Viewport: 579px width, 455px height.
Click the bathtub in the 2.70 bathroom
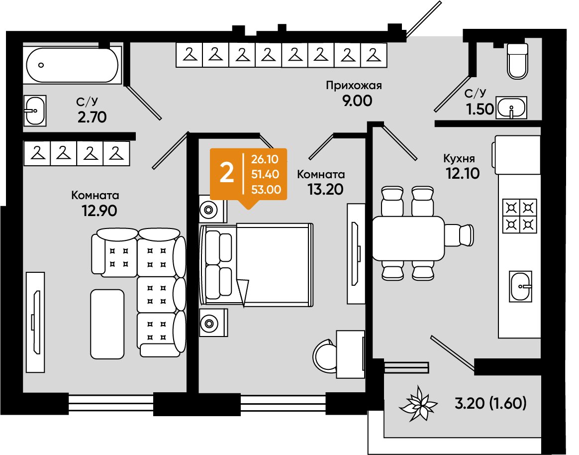click(x=73, y=65)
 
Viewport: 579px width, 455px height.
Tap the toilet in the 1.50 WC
click(x=517, y=61)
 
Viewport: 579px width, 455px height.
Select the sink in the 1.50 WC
click(x=511, y=108)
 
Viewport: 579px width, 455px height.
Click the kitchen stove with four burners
click(x=519, y=216)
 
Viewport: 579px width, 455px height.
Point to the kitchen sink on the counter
click(x=521, y=286)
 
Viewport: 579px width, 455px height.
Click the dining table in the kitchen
click(x=408, y=238)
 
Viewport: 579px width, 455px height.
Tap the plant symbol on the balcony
click(x=418, y=404)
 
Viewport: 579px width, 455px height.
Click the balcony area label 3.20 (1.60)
click(x=490, y=403)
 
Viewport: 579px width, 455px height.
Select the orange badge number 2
click(x=226, y=173)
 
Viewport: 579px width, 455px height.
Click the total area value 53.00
click(x=266, y=190)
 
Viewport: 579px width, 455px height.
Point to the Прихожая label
click(x=354, y=86)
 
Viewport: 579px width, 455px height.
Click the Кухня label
click(x=459, y=159)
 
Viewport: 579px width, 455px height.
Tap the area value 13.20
click(x=325, y=189)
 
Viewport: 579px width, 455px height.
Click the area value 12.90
click(x=99, y=211)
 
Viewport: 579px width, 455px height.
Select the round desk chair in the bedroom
click(x=324, y=355)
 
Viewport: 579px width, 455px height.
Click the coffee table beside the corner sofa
click(x=107, y=324)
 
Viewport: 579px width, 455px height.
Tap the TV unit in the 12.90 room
click(x=35, y=322)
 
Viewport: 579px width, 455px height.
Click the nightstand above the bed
click(x=213, y=209)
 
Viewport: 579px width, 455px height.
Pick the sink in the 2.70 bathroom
click(x=35, y=111)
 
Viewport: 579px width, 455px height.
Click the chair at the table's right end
click(x=459, y=234)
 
